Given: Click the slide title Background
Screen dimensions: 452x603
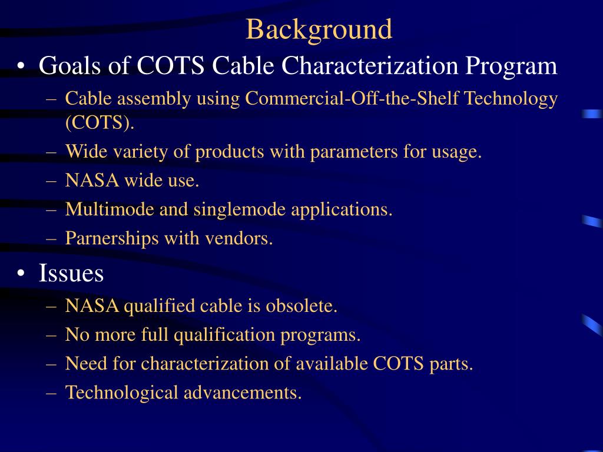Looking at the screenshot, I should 319,29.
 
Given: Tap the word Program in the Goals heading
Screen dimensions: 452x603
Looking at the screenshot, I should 512,65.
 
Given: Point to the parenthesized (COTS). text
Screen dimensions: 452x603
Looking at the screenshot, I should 100,123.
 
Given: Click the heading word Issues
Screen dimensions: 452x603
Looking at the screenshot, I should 71,273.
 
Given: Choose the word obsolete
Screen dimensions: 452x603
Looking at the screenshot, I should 301,306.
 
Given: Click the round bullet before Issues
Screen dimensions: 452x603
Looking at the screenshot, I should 21,274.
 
